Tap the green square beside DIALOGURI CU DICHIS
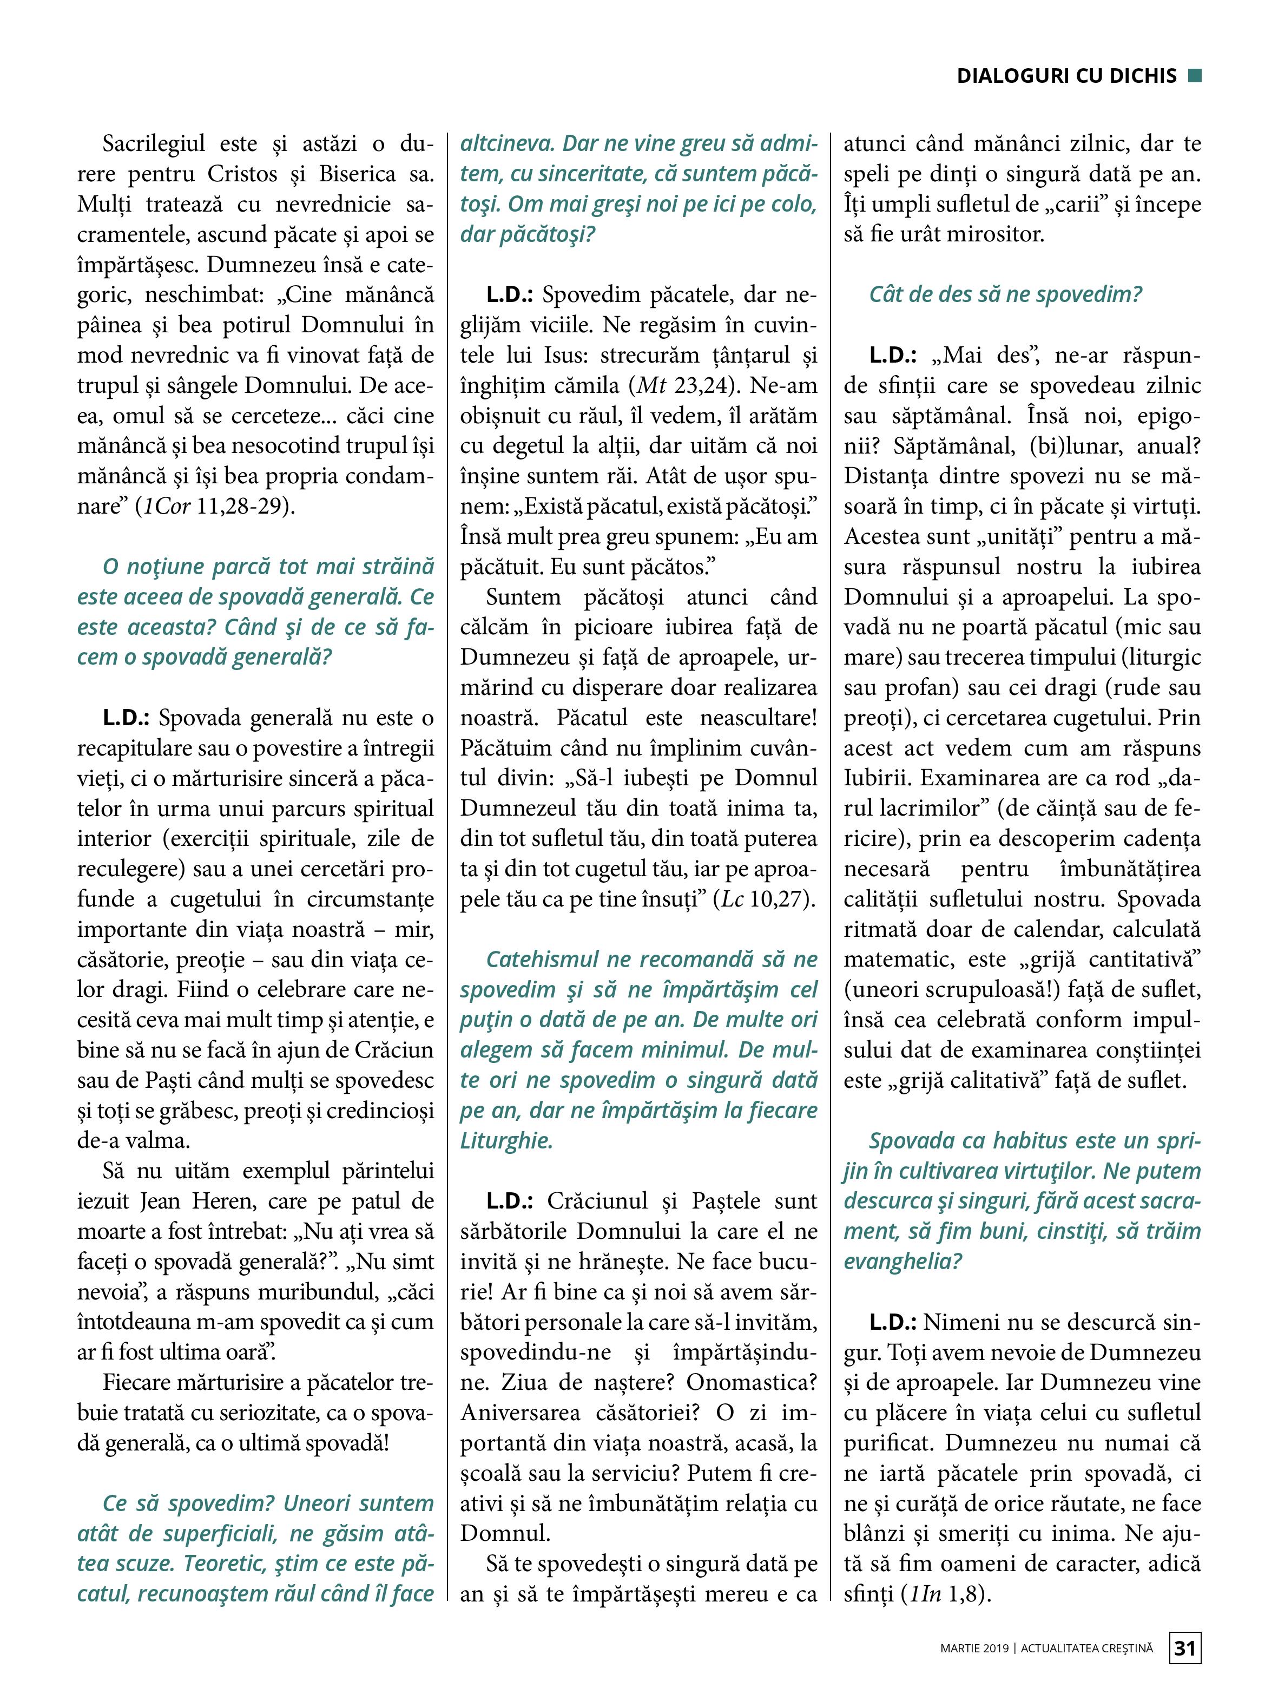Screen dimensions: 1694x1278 coord(1194,75)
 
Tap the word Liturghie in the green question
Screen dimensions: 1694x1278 coord(506,1140)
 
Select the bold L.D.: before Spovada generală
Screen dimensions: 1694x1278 coord(127,718)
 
